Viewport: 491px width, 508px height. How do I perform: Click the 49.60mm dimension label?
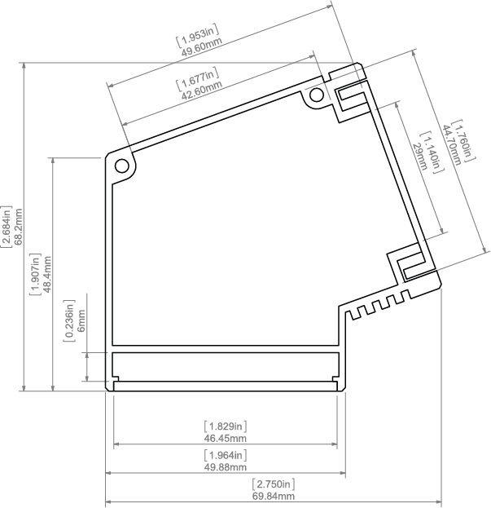[201, 47]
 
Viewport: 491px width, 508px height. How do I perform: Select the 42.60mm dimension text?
[201, 91]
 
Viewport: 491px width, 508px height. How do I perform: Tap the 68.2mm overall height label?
[19, 227]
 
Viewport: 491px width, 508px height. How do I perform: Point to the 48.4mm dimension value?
[47, 274]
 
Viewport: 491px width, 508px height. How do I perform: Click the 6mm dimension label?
[81, 320]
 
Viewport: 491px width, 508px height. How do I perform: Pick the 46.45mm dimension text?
[225, 439]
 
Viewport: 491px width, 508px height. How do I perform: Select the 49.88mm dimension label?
[225, 467]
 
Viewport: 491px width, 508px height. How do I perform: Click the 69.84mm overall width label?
[274, 496]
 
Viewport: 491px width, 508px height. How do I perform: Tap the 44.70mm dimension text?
[451, 144]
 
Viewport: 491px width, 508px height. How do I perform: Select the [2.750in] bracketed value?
[274, 484]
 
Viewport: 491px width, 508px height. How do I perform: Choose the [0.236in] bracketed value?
[69, 320]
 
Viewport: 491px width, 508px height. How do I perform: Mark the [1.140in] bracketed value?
[432, 152]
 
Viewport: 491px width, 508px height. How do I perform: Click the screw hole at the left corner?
[122, 166]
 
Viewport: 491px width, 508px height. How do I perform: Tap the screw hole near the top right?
[316, 95]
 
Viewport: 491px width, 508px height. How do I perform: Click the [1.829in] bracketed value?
[225, 426]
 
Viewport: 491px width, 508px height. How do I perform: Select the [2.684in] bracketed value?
[6, 227]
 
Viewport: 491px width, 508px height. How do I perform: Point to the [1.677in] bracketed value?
[197, 79]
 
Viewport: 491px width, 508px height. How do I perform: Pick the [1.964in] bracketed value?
[225, 455]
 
